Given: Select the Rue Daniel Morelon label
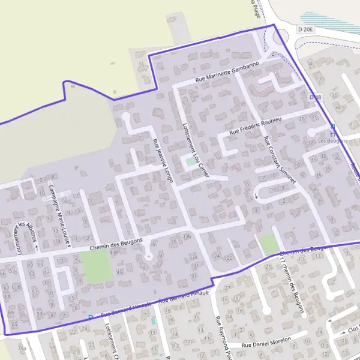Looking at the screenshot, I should click(x=266, y=342).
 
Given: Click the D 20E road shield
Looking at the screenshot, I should click(x=305, y=29).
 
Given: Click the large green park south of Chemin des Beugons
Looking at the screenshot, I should click(x=96, y=267).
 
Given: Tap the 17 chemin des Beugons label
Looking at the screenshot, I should click(x=293, y=281).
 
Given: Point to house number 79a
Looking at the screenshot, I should click(x=22, y=348).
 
